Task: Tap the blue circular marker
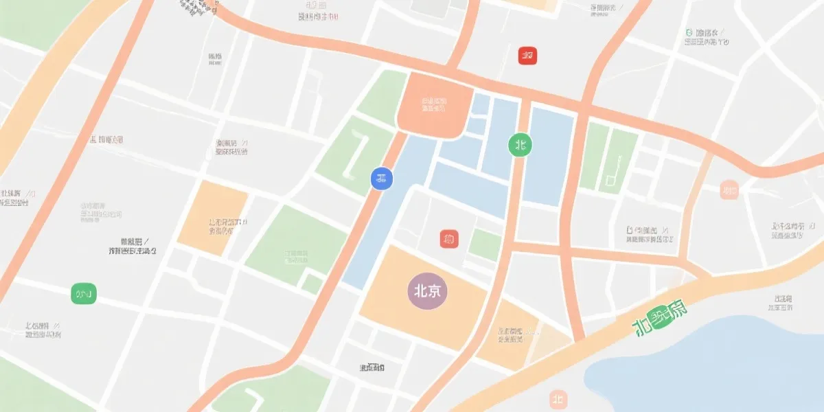point(382,179)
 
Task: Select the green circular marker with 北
point(520,144)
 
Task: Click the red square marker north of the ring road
point(527,56)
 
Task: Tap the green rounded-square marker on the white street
point(84,294)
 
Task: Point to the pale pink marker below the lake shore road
point(558,399)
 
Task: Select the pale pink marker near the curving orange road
point(729,189)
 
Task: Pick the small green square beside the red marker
point(485,244)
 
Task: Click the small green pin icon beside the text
point(689,32)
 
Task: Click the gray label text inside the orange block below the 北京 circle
point(510,335)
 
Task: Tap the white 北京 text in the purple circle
point(427,290)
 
